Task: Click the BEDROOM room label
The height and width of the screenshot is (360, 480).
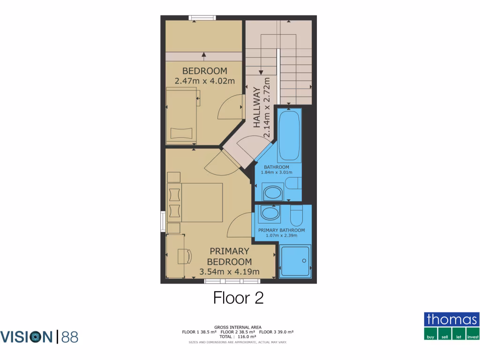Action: coord(204,71)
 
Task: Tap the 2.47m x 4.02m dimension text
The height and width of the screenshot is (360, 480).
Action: coord(204,81)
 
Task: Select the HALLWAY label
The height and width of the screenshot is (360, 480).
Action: coord(257,107)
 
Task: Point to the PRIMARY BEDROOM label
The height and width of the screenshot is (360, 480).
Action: coord(229,256)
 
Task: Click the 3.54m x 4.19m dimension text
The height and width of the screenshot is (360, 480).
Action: coord(229,271)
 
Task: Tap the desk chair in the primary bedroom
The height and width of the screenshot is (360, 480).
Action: coord(185,256)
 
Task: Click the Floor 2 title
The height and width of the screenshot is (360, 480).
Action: coord(238,298)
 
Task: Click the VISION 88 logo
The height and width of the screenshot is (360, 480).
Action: coord(39,337)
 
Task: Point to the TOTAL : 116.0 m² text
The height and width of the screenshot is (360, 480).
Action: coord(238,337)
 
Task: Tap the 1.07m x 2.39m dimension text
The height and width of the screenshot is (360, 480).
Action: coord(281,236)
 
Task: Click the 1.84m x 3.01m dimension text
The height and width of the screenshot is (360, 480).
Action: coord(276,172)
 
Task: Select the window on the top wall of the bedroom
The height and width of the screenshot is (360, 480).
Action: coord(202,18)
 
